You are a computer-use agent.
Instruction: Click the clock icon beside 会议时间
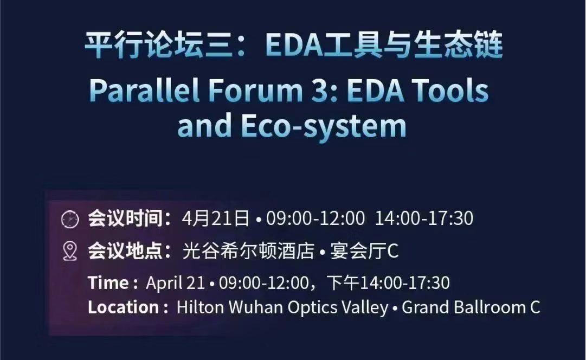[x=70, y=219]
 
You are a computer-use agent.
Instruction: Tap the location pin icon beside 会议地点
[x=70, y=251]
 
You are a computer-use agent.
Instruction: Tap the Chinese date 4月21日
[x=216, y=218]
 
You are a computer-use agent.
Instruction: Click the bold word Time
[x=108, y=283]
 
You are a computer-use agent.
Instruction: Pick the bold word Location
[x=124, y=307]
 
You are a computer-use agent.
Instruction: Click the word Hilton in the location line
[x=200, y=307]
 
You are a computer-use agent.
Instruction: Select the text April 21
[x=176, y=284]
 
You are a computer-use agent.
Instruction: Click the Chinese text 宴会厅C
[x=364, y=250]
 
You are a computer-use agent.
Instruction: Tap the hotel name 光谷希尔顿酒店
[x=248, y=250]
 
